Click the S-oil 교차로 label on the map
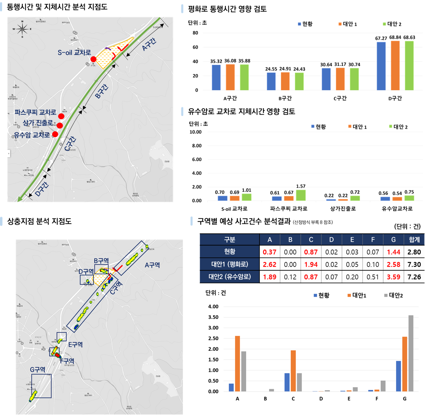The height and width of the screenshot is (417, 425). [74, 53]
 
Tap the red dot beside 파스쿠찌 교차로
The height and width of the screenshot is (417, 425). [61, 116]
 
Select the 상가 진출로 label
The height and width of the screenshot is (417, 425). [38, 123]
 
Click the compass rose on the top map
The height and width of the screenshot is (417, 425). [22, 29]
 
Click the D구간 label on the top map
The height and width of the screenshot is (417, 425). [42, 189]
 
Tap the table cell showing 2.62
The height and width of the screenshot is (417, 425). [270, 264]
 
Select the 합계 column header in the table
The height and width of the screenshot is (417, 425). [414, 240]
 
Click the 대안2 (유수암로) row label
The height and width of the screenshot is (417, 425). [229, 277]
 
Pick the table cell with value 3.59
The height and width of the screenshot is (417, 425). [393, 277]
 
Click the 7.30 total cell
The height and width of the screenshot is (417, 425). [414, 264]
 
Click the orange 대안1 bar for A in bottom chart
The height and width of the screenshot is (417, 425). [238, 363]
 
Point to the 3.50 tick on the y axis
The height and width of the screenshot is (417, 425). [213, 317]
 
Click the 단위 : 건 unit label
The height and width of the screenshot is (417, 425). [216, 293]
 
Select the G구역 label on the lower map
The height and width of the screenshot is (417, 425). [37, 369]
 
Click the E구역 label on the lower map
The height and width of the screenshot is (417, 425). [75, 344]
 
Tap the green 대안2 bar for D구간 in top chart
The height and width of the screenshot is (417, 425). [409, 66]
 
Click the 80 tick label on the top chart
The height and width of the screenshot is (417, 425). [195, 33]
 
